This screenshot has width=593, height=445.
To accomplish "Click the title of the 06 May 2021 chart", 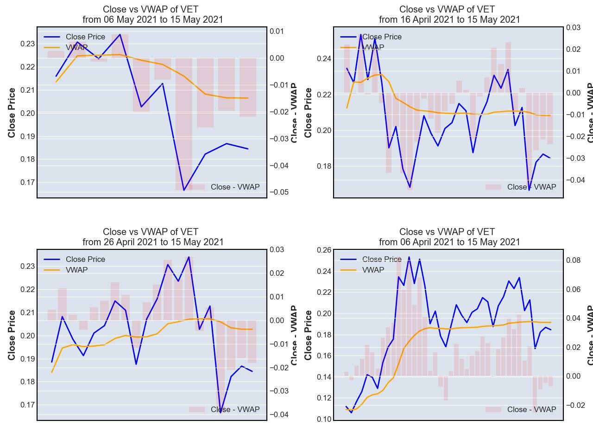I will coord(153,14).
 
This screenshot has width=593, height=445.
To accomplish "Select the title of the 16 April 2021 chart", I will coord(449,14).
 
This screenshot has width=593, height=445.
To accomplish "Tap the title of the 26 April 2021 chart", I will coord(153,237).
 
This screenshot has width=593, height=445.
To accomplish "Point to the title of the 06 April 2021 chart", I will coord(449,237).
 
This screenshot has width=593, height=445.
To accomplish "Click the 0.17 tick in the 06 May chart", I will coord(27,183).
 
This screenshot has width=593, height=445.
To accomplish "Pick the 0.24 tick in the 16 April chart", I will coord(324,59).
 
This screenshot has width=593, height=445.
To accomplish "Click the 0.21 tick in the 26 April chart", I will coord(27,312).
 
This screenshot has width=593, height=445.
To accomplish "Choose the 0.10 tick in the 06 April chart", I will coord(324,419).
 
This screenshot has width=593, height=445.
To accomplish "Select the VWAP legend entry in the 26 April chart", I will coord(76,270).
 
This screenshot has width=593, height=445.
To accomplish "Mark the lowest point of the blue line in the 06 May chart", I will coord(184,190).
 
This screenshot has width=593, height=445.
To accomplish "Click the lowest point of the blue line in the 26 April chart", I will coord(221,412).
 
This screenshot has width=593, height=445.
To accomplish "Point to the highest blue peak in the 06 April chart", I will coord(409,257).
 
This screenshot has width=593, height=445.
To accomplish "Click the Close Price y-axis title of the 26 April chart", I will coord(12,335).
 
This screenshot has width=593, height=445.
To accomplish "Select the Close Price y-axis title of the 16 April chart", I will coord(309,112).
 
